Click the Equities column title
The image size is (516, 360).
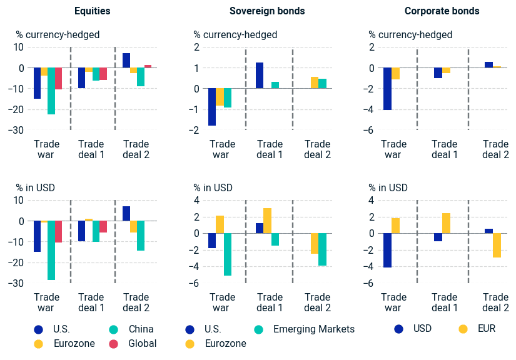pyautogui.click(x=92, y=11)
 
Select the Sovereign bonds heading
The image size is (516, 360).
pyautogui.click(x=267, y=11)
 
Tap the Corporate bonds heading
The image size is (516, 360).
pyautogui.click(x=442, y=11)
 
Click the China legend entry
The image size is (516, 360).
pyautogui.click(x=141, y=329)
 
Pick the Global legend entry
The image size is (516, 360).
pyautogui.click(x=143, y=343)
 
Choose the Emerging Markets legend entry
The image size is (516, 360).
pyautogui.click(x=314, y=329)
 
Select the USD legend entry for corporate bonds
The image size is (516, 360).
pyautogui.click(x=422, y=328)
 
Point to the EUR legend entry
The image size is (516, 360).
pyautogui.click(x=485, y=328)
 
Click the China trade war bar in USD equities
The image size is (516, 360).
pyautogui.click(x=51, y=250)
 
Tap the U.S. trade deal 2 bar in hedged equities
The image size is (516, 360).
pyautogui.click(x=126, y=61)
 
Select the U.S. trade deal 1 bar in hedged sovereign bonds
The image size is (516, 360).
pyautogui.click(x=260, y=76)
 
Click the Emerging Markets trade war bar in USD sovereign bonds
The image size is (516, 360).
pyautogui.click(x=228, y=254)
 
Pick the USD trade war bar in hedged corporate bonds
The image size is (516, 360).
pyautogui.click(x=388, y=89)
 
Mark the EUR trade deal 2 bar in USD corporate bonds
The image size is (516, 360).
pyautogui.click(x=497, y=245)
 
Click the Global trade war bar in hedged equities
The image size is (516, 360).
pyautogui.click(x=58, y=79)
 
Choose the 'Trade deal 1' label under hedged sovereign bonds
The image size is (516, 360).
pyautogui.click(x=270, y=149)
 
